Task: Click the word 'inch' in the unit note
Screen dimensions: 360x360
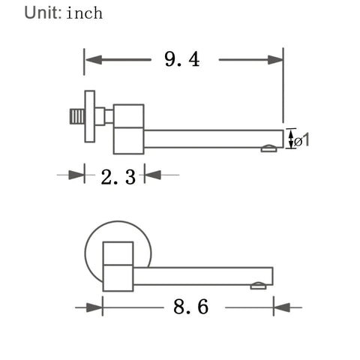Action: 85,13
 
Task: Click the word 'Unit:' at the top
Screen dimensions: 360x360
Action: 43,13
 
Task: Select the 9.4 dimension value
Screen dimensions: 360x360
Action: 182,59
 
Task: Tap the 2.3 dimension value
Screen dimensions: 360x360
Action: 118,177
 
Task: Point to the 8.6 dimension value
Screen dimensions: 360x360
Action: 190,307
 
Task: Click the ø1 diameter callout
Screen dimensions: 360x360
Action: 301,139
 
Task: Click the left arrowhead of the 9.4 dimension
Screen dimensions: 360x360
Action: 94,60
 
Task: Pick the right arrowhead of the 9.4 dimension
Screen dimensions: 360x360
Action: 275,60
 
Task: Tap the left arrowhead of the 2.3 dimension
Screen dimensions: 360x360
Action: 76,175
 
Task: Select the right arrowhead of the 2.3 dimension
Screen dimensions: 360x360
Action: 153,175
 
